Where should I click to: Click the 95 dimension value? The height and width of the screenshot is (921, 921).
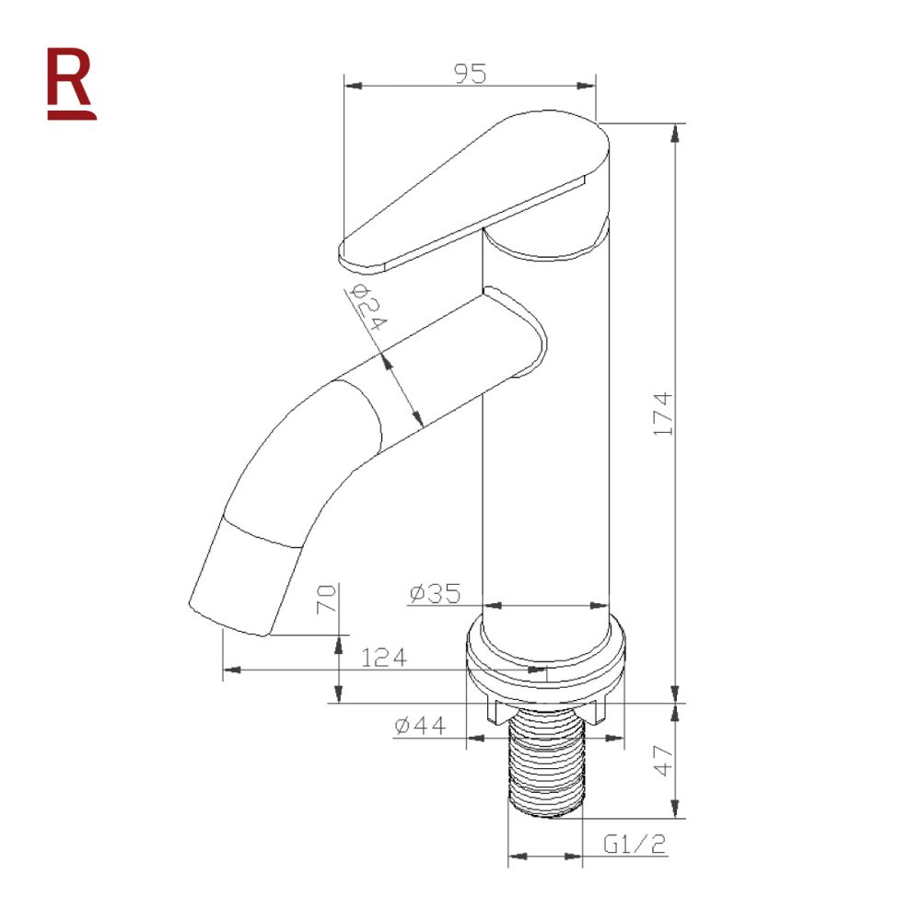470,73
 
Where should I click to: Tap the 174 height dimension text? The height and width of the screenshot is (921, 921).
664,414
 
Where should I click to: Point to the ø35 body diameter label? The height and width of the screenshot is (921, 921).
434,594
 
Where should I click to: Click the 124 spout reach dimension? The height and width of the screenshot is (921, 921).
384,658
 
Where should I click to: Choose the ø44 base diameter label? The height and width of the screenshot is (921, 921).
420,726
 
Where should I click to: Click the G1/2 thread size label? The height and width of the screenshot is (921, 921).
635,844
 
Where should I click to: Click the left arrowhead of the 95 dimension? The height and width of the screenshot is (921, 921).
350,86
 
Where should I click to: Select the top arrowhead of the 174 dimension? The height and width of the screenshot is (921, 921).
676,131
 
